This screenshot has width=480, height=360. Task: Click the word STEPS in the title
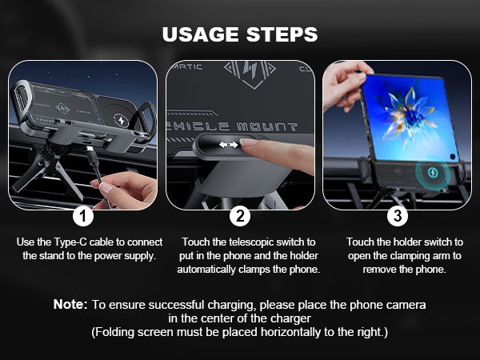pos(282,34)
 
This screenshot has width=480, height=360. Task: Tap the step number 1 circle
pos(83,216)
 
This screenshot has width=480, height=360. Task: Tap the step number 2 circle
pos(240,216)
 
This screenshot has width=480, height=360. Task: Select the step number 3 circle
pos(398,216)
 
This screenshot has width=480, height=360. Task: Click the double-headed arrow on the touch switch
pos(228,145)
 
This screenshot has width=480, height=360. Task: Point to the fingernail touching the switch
pos(249,142)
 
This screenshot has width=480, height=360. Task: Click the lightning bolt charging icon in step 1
pos(122,120)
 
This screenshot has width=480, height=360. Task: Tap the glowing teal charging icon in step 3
pos(433,173)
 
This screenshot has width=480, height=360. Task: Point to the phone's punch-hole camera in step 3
pos(453,157)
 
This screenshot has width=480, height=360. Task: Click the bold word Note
pos(70,304)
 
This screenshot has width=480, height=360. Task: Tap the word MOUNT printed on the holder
pos(267,126)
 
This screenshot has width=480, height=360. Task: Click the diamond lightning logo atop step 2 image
pos(250,74)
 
